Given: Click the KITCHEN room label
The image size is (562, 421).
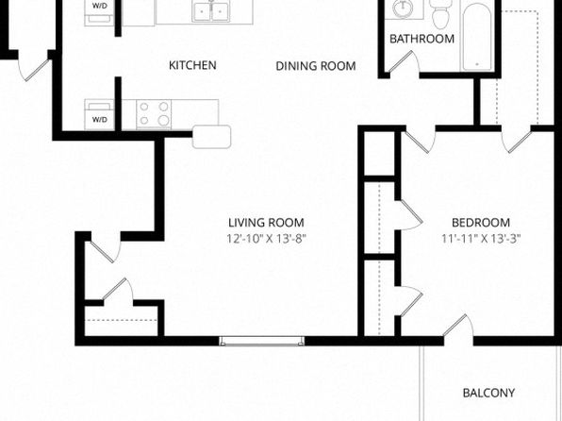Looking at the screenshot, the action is tap(192, 65).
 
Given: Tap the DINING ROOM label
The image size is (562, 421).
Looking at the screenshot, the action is tap(316, 66).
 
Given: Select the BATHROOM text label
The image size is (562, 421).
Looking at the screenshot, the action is tap(421, 39).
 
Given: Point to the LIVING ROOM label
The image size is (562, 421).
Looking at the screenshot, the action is tap(266, 223).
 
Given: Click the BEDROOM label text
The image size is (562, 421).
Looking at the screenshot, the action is tap(481, 223).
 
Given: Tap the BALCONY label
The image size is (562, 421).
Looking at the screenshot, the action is tap(488, 393).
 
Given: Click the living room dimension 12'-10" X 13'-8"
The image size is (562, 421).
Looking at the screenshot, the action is tap(267, 239).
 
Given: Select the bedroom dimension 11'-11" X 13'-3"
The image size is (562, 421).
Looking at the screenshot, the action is tap(481, 239).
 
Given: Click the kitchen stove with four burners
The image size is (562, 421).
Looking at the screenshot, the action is tap(154, 114).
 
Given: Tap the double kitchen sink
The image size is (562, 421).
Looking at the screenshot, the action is tap(211, 11).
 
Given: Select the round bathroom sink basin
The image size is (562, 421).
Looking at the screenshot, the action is tap(403, 8).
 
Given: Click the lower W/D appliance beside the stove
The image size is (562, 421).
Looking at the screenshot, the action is tap(99, 114).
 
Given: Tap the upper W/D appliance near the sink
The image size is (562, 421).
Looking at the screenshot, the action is tap(99, 12).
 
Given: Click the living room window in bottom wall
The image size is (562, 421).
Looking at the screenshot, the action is tap(261, 341).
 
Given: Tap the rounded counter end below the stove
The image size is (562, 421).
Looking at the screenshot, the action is tap(211, 137).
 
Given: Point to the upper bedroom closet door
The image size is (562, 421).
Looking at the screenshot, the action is tap(411, 215).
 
